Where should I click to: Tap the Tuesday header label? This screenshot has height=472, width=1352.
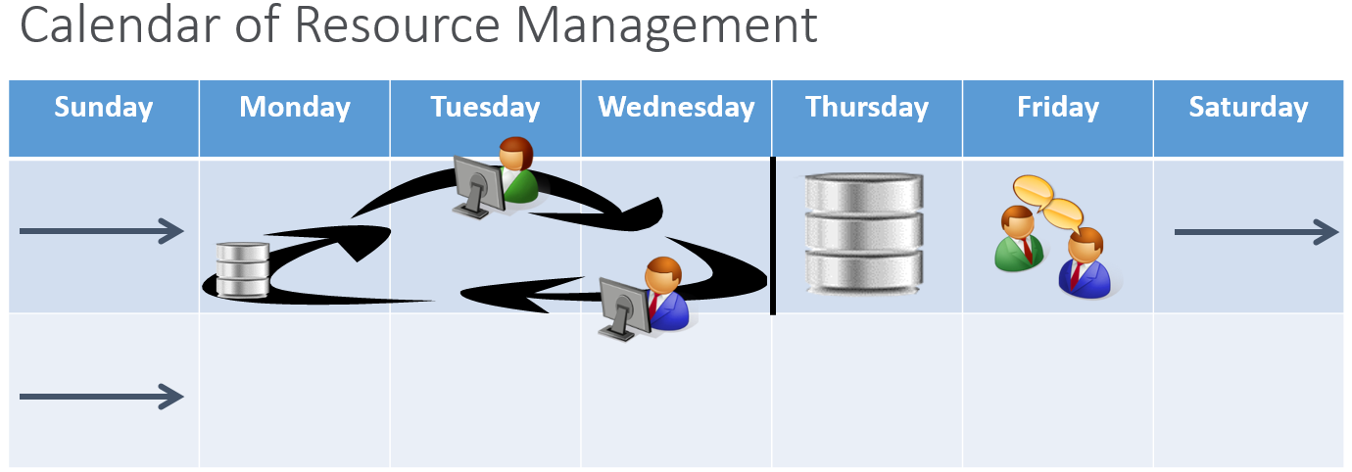[485, 108]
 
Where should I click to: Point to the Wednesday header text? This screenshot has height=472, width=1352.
[677, 108]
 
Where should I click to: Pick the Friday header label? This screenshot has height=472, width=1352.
[1058, 108]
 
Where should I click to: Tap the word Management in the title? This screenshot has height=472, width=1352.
[667, 27]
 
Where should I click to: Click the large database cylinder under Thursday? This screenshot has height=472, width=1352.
[864, 234]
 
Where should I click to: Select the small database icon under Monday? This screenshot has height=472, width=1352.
[243, 270]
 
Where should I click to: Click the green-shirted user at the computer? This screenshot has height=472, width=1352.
[496, 177]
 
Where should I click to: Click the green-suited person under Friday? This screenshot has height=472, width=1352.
[1019, 239]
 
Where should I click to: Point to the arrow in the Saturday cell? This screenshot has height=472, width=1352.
[1256, 232]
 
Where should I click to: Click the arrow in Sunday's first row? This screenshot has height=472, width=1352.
[102, 231]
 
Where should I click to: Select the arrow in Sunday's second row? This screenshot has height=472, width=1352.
[102, 397]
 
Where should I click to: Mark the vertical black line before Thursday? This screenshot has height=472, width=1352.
[773, 235]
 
